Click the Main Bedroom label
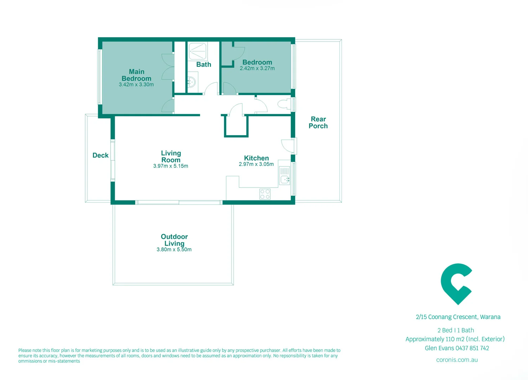[136, 75]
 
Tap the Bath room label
[204, 64]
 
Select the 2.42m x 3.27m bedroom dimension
[257, 69]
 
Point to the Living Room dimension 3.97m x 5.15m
[171, 166]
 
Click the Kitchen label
[256, 158]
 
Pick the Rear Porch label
[318, 122]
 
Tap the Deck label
[101, 155]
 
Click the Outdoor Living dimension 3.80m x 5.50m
[174, 249]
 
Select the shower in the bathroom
[197, 51]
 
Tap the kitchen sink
[284, 180]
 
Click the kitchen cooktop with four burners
[265, 194]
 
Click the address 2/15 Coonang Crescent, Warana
[458, 317]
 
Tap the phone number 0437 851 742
[472, 348]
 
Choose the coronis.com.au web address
[457, 360]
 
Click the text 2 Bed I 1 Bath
[456, 330]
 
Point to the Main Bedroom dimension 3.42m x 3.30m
[136, 85]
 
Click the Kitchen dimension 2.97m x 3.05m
[256, 164]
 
